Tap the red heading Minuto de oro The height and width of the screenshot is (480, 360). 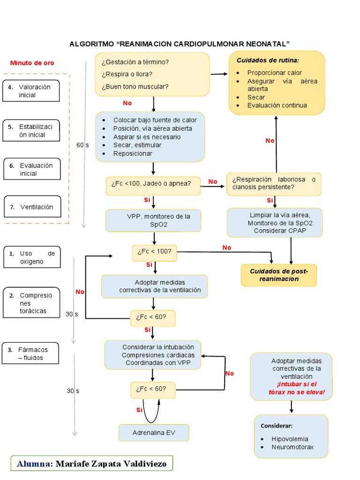pos(32,63)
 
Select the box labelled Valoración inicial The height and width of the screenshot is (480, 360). pos(31,91)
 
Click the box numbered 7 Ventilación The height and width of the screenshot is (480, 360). pos(32,207)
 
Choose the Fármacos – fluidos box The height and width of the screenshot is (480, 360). pos(31,353)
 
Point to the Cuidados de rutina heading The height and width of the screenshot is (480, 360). pos(268,60)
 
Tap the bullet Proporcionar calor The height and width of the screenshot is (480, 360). pos(275,73)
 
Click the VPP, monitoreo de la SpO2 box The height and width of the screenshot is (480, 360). pos(153,220)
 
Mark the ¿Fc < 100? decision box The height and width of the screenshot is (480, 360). pos(154,252)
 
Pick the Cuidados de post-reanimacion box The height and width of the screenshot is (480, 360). pos(279,275)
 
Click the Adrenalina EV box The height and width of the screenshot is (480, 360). pos(154,433)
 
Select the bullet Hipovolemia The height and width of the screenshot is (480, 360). pos(290,439)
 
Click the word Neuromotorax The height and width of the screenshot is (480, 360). pos(292,447)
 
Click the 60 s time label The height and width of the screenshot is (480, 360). pos(82,145)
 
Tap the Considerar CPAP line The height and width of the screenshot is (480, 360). pos(274,231)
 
